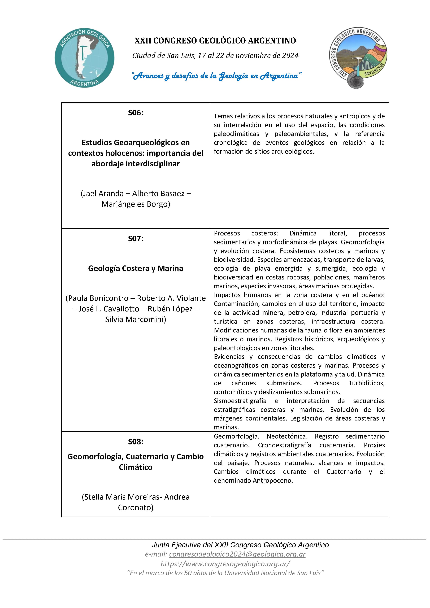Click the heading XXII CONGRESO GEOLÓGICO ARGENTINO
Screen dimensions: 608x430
coord(215,41)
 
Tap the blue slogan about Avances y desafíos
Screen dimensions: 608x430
coord(216,76)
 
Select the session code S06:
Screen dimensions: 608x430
coord(135,113)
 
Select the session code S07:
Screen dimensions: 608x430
coord(135,239)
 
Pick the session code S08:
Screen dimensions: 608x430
coord(135,441)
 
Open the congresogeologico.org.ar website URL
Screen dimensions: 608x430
coord(225,564)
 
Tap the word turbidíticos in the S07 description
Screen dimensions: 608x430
coord(367,383)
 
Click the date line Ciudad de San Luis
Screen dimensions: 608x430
coord(215,56)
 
